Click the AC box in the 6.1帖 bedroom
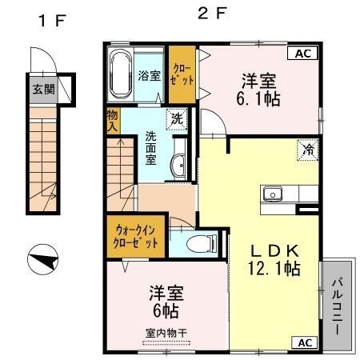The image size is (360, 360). (x=303, y=54)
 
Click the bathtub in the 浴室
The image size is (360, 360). (x=120, y=74)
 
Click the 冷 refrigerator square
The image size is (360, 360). (x=306, y=150)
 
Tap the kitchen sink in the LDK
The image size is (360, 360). (x=273, y=193)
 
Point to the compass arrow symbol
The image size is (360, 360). (x=42, y=261)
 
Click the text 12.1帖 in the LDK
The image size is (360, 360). (x=274, y=269)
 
